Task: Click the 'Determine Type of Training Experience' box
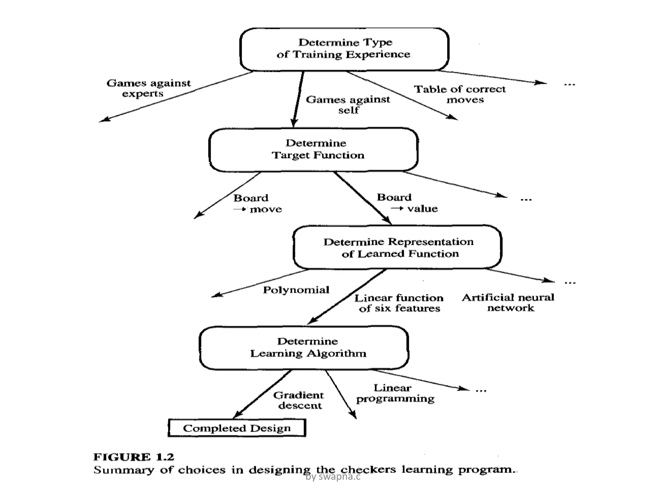point(344,49)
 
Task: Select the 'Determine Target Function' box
point(314,149)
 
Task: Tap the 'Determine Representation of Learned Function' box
point(397,247)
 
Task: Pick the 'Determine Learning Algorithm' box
point(304,347)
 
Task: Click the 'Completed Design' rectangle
point(237,428)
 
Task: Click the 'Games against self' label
point(348,105)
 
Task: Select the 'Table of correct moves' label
point(460,94)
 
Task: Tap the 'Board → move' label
point(257,203)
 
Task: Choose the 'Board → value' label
point(407,203)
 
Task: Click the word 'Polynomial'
point(296,290)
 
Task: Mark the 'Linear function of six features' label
point(399,303)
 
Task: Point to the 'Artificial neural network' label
point(508,302)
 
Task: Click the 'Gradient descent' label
point(299,400)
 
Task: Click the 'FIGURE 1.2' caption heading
point(134,457)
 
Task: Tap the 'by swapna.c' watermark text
point(333,477)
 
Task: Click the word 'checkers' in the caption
point(368,470)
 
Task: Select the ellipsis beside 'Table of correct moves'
point(569,84)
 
